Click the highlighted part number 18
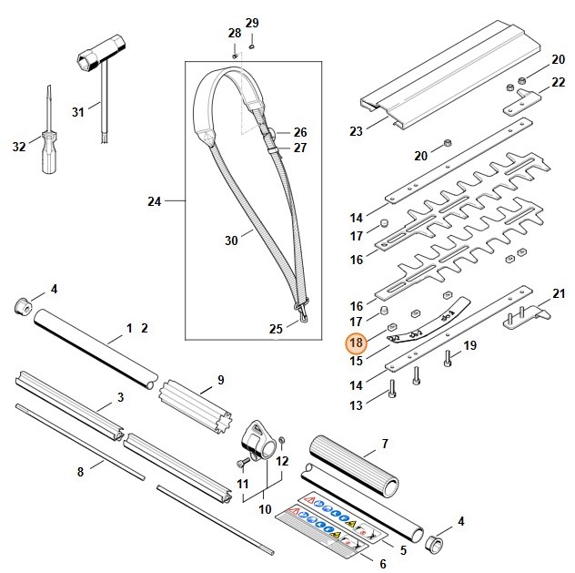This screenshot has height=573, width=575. click(x=356, y=343)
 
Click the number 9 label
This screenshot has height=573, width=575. click(x=220, y=379)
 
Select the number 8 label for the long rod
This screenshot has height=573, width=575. click(x=80, y=471)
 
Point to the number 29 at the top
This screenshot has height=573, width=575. click(x=252, y=22)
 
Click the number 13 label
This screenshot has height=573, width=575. click(x=356, y=404)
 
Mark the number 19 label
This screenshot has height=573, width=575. click(x=469, y=345)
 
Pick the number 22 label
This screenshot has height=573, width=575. click(x=559, y=83)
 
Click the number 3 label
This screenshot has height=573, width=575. click(x=119, y=397)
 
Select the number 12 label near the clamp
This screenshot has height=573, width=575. click(x=282, y=461)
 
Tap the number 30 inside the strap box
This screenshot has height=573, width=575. click(x=232, y=240)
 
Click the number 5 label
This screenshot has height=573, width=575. click(x=403, y=549)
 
